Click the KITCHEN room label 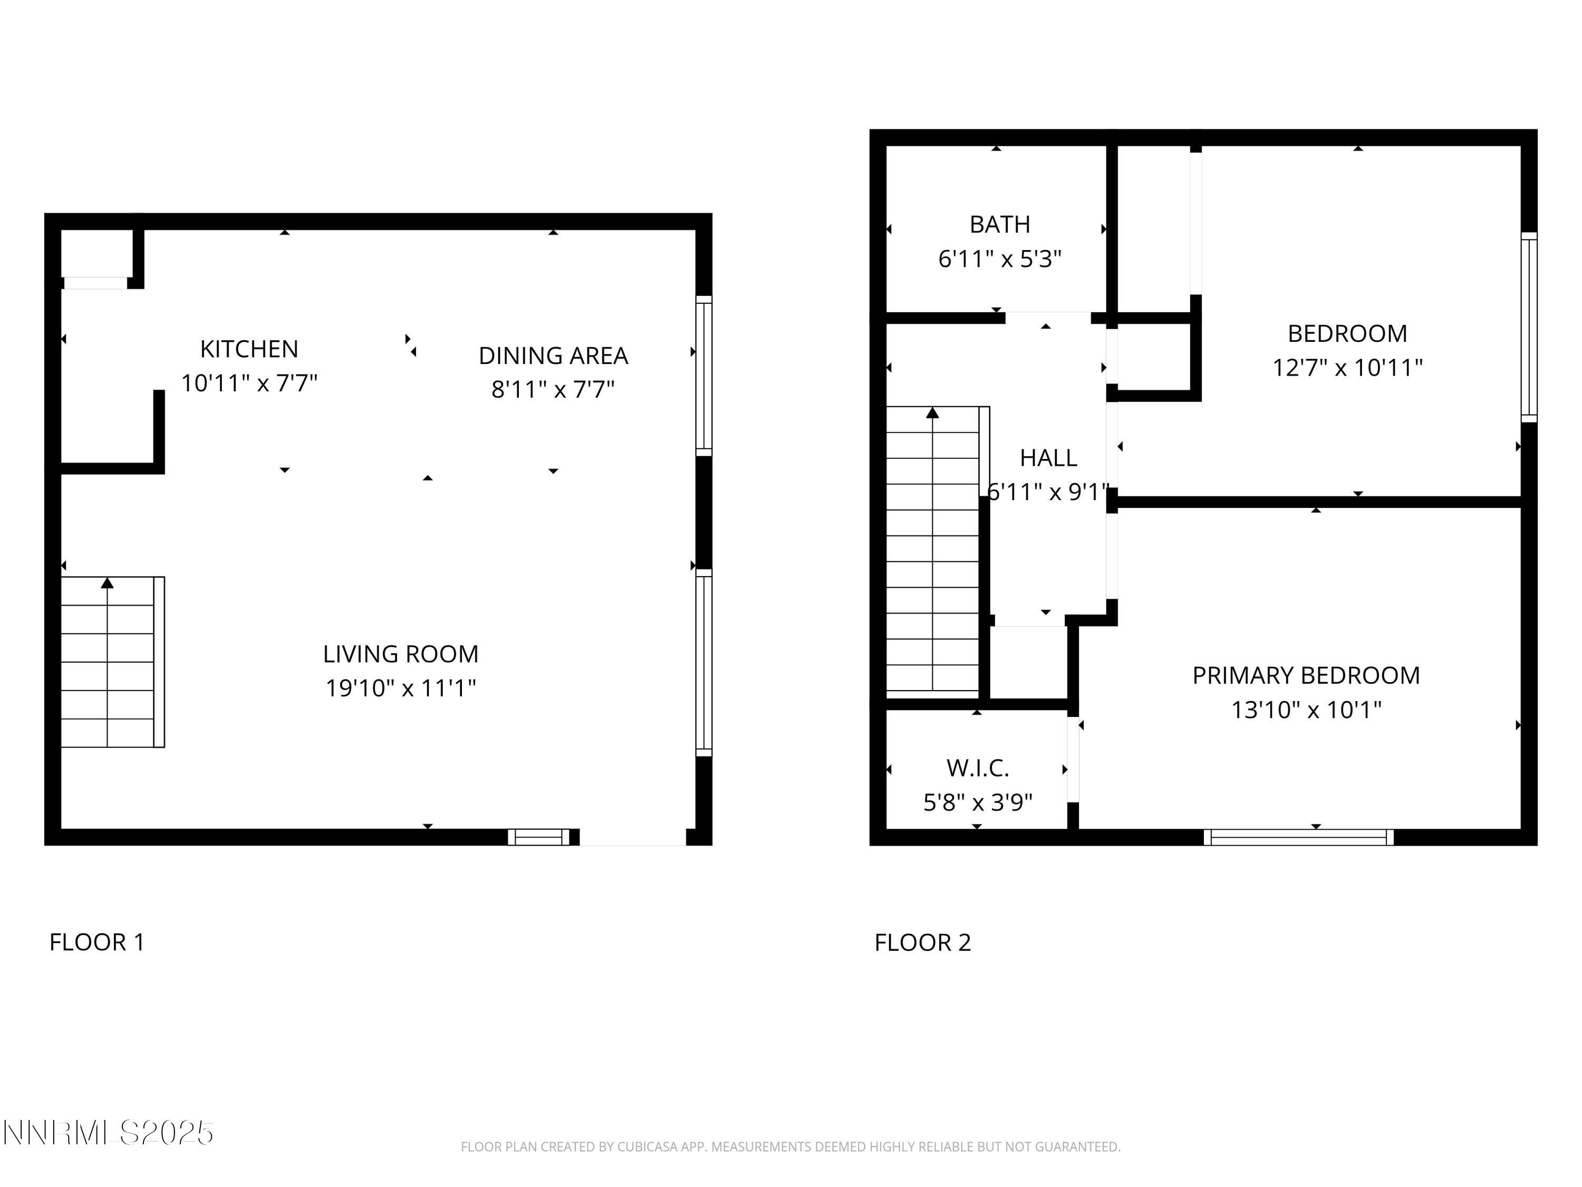pos(249,349)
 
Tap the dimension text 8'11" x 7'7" pos(553,389)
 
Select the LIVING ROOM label pos(400,654)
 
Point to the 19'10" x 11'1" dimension pos(400,688)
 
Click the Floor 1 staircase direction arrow pos(107,583)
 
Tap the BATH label pos(1000,225)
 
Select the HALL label pos(1048,458)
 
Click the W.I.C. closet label pos(978,769)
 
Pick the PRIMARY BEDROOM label pos(1306,675)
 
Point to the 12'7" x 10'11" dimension pos(1347,368)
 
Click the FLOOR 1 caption pos(97,942)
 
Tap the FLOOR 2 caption pos(923,942)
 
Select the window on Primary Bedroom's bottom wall pos(1299,837)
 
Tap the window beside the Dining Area pos(704,376)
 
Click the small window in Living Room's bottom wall pos(538,837)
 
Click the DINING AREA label pos(553,356)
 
